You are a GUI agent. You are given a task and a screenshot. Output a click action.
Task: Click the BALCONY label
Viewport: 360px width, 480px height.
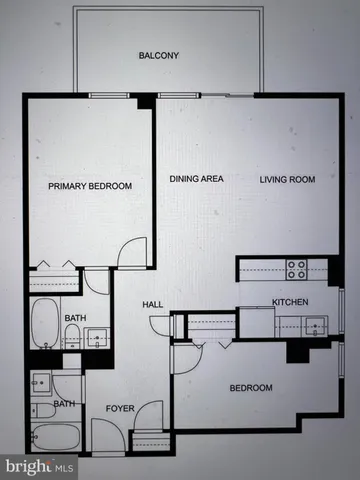[x=158, y=56]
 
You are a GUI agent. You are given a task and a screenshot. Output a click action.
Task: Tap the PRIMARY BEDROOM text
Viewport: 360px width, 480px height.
[x=91, y=186]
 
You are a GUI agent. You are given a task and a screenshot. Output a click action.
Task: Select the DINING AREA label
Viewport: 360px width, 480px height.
[x=196, y=179]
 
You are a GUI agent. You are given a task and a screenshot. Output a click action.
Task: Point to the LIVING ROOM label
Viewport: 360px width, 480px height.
[x=288, y=179]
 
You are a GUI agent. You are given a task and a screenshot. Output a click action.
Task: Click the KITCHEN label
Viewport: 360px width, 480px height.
[x=290, y=302]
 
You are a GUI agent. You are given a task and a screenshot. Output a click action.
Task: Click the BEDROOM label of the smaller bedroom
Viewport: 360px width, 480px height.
[x=250, y=387]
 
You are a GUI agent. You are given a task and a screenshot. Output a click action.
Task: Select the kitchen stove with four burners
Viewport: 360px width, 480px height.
[x=297, y=269]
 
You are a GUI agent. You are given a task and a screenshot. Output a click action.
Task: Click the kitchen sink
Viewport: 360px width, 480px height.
[x=313, y=324]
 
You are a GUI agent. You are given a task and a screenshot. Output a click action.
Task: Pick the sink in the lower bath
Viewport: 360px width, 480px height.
[x=40, y=380]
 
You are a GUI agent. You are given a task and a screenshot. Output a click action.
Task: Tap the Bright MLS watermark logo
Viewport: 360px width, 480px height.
[x=38, y=466]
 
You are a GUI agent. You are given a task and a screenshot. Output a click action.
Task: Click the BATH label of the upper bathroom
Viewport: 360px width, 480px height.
[x=74, y=319]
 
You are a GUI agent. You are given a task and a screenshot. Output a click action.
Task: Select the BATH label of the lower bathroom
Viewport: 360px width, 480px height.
[x=64, y=404]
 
